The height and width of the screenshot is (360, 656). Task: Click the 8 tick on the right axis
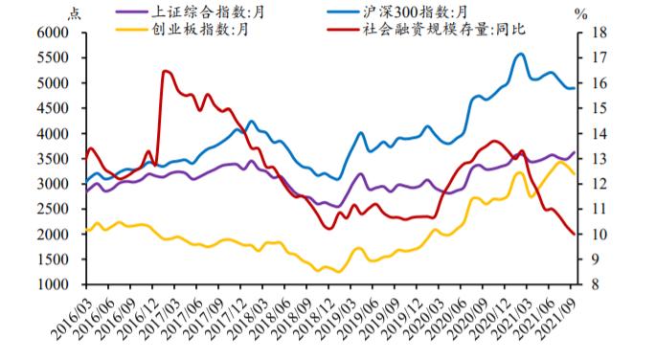[590, 284]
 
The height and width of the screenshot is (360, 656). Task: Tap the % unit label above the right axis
[580, 12]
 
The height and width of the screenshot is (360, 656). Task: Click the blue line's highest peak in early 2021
[521, 54]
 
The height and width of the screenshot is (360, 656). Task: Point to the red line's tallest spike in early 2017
[166, 71]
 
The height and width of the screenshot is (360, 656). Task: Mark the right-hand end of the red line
[575, 234]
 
